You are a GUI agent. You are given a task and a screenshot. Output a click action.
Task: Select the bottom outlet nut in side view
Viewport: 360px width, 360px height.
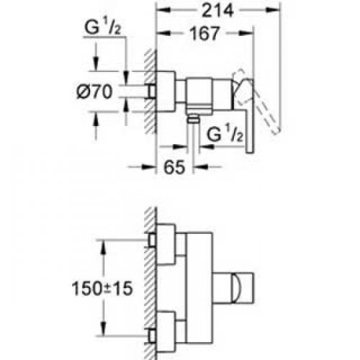pos(192,119)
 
